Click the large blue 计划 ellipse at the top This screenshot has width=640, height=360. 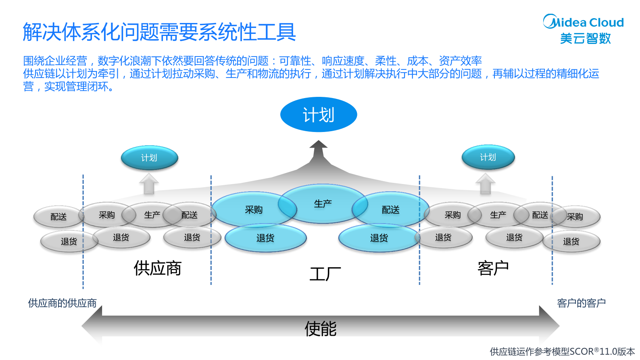tap(319, 115)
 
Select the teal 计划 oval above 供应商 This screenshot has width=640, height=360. tap(149, 157)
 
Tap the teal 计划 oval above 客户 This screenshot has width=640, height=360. tap(488, 157)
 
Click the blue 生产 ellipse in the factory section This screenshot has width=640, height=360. tap(323, 203)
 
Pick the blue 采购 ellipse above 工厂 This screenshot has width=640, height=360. tap(253, 209)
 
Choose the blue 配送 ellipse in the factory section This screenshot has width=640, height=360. tap(390, 209)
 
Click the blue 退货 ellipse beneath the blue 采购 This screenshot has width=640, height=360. tap(265, 238)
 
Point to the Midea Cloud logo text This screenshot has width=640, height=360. tap(583, 22)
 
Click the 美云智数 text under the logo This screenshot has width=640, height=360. tap(585, 38)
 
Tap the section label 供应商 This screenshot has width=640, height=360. tap(157, 268)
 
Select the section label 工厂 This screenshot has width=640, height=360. tap(325, 274)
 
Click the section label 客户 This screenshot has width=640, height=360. tap(493, 268)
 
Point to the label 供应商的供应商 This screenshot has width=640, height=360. tap(62, 303)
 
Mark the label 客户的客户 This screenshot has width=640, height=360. tap(581, 303)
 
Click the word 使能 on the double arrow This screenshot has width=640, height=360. tap(320, 329)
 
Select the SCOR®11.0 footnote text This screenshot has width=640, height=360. tap(562, 352)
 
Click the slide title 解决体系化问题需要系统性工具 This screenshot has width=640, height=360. tap(159, 32)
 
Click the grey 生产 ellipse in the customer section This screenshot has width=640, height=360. tap(498, 215)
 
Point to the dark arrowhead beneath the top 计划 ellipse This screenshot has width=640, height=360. tap(319, 146)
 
